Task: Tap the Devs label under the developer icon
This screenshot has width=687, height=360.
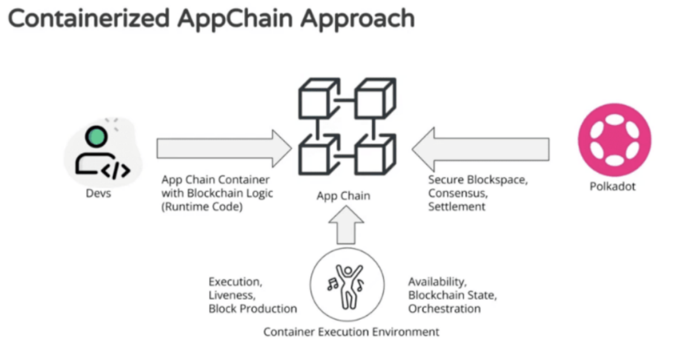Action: (x=98, y=193)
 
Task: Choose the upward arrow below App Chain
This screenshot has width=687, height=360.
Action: (x=347, y=224)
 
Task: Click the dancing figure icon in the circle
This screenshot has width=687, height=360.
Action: (x=346, y=284)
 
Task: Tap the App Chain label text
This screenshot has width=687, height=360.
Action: (x=343, y=196)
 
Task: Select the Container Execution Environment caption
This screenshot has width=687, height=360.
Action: (x=351, y=332)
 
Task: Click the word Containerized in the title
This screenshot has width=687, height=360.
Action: (x=89, y=18)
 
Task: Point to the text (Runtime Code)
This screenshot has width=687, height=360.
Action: (x=202, y=207)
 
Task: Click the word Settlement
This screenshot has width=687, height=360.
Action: (x=457, y=207)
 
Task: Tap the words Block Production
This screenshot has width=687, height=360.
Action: (x=252, y=309)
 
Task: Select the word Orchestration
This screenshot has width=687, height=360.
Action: (x=444, y=309)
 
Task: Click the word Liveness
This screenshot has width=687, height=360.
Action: (x=231, y=295)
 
